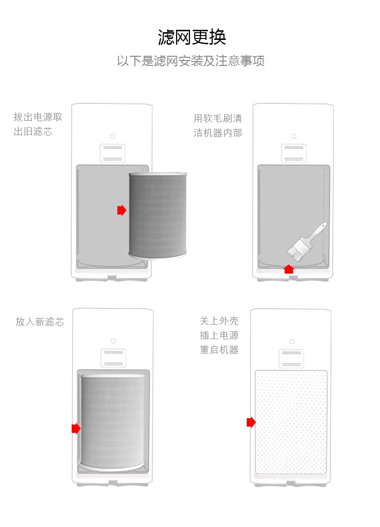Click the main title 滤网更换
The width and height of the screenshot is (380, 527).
[192, 37]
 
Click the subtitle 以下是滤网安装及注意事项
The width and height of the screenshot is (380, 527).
[190, 61]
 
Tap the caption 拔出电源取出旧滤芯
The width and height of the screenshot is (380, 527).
[38, 124]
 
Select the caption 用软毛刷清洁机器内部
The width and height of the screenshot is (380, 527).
[217, 125]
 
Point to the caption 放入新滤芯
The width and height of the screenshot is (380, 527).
[39, 322]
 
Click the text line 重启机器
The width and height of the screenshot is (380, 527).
[219, 350]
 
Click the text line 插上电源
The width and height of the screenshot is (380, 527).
[219, 335]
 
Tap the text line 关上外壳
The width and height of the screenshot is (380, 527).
[219, 321]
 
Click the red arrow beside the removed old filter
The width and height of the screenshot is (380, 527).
[122, 210]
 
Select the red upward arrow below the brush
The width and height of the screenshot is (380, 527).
[289, 269]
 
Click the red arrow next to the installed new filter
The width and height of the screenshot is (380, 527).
[76, 428]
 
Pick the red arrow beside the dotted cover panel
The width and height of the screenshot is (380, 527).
[251, 422]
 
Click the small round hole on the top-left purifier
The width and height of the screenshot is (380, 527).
[113, 136]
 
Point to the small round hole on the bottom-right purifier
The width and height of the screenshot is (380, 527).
[291, 341]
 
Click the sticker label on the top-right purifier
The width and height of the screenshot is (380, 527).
[293, 153]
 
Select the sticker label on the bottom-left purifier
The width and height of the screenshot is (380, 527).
[114, 358]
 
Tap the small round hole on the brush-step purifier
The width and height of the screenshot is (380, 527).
[294, 136]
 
